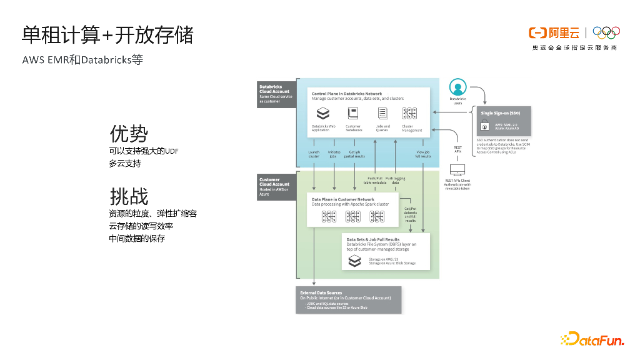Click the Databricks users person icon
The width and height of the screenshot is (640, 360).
[x=458, y=87]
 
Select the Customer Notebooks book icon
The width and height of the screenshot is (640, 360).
[x=353, y=114]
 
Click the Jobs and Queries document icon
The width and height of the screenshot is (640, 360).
[x=382, y=114]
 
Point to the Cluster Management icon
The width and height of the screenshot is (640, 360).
[x=409, y=114]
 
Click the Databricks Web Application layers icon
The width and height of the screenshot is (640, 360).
[x=322, y=114]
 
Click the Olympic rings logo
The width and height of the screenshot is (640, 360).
[x=605, y=32]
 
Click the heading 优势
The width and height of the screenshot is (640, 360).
[x=129, y=134]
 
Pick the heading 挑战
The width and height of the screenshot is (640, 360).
[x=129, y=196]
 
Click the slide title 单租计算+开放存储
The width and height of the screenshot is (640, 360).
[x=107, y=35]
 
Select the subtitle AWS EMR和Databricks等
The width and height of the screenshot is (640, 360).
[x=82, y=60]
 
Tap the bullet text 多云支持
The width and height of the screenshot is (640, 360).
[x=125, y=163]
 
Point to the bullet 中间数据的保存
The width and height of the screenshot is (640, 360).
[x=137, y=238]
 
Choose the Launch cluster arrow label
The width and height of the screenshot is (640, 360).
[x=314, y=154]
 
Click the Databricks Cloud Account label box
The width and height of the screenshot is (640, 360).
[x=275, y=94]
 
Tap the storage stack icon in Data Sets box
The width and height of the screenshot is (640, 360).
[x=354, y=261]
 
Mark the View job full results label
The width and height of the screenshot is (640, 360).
[x=423, y=154]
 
